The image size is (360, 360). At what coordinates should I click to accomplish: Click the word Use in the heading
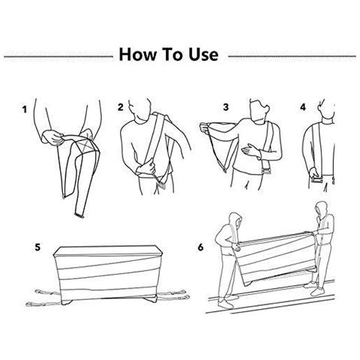point(203,54)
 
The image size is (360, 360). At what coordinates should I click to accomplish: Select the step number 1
point(24,109)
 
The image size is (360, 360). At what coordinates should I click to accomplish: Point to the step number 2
point(121,107)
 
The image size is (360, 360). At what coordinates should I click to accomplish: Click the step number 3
point(226,107)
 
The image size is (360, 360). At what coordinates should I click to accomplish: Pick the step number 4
point(303,107)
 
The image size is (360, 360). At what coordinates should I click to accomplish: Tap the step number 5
point(37,247)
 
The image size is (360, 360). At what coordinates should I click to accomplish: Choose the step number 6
point(201,247)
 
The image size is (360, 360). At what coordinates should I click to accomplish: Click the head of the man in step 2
point(139,109)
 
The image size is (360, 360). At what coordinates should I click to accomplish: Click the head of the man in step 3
point(259,111)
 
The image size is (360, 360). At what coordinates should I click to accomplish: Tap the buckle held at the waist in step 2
point(162,186)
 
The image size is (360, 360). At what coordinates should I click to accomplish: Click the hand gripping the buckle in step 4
point(315,173)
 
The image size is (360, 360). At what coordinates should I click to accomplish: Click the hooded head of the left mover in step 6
point(235,220)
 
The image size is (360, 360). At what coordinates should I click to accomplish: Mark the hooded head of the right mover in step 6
point(320,210)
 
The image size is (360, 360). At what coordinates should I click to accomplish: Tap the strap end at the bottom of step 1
point(79,215)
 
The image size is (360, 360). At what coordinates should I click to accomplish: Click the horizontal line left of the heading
point(58,56)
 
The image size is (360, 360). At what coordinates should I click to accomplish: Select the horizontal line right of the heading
point(292,56)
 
